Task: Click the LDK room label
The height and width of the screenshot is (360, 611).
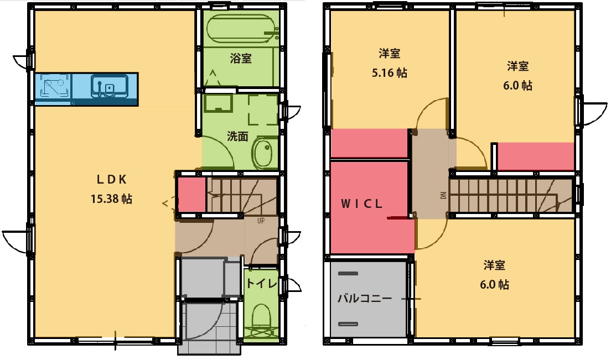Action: click(112, 179)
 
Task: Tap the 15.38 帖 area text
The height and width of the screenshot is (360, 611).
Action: click(111, 199)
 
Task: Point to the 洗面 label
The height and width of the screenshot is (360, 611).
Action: click(237, 137)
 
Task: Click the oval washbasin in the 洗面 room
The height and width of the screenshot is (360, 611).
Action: click(263, 153)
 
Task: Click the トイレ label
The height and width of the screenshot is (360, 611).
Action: click(261, 284)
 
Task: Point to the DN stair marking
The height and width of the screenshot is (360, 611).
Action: click(443, 196)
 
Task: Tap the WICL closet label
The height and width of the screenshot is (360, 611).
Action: click(361, 204)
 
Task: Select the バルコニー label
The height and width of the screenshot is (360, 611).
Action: click(365, 299)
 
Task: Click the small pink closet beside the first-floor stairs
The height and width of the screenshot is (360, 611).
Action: click(191, 194)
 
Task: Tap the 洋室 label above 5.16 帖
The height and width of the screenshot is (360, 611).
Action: click(390, 54)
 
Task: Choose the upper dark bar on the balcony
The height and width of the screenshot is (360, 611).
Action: click(348, 274)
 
